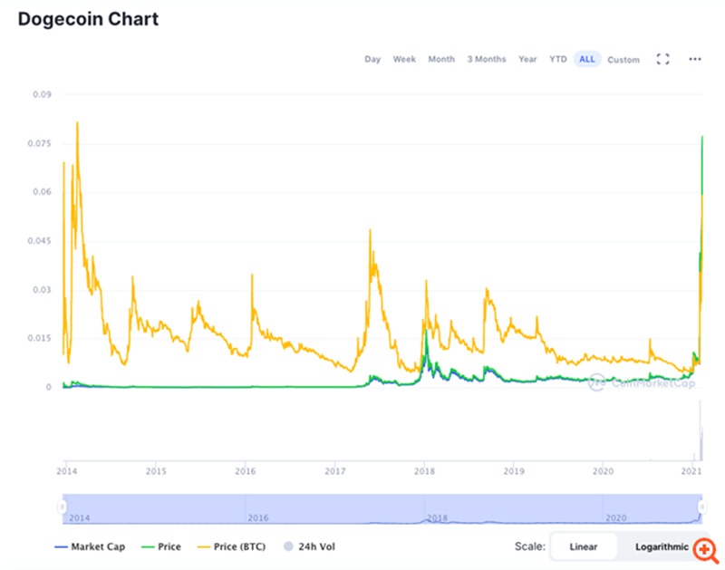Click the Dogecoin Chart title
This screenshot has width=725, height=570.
point(88,19)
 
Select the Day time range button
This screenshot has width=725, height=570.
point(372,59)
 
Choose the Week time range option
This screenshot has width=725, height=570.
point(404,59)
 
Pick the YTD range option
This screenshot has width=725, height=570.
point(558,59)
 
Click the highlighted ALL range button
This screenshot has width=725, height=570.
point(587,59)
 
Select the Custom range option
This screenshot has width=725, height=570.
point(623,60)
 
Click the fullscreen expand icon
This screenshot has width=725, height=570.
point(662,59)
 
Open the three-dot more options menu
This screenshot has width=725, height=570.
point(695,59)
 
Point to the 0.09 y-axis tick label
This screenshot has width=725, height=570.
point(42,94)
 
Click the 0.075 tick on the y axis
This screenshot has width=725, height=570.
point(40,143)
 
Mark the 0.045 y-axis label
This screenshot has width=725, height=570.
point(40,241)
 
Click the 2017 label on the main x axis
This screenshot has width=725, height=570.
point(335,471)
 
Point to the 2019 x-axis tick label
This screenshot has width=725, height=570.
point(514,471)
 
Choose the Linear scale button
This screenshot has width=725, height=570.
point(584,546)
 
